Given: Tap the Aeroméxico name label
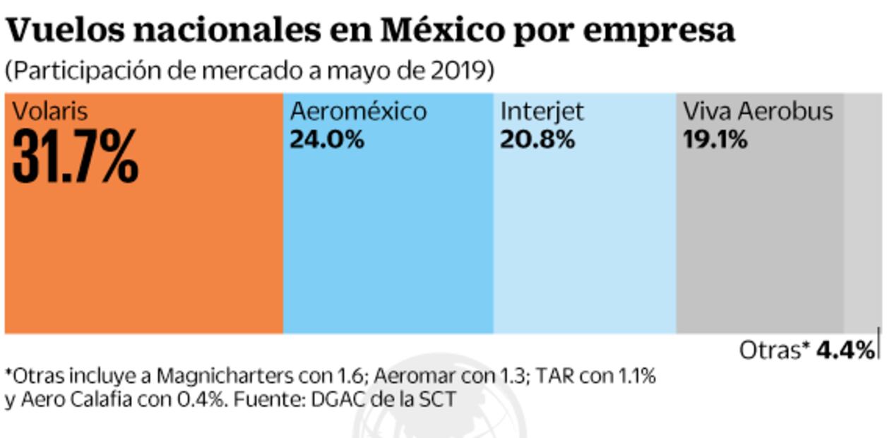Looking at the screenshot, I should [x=359, y=112].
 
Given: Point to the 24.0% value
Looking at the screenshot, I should [x=327, y=140].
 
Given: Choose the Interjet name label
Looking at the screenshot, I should [x=542, y=112].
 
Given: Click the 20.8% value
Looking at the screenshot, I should [x=537, y=140].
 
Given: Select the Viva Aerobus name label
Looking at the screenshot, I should [x=758, y=112].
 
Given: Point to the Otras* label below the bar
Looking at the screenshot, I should [x=774, y=350].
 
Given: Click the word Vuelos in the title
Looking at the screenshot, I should [x=61, y=30].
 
